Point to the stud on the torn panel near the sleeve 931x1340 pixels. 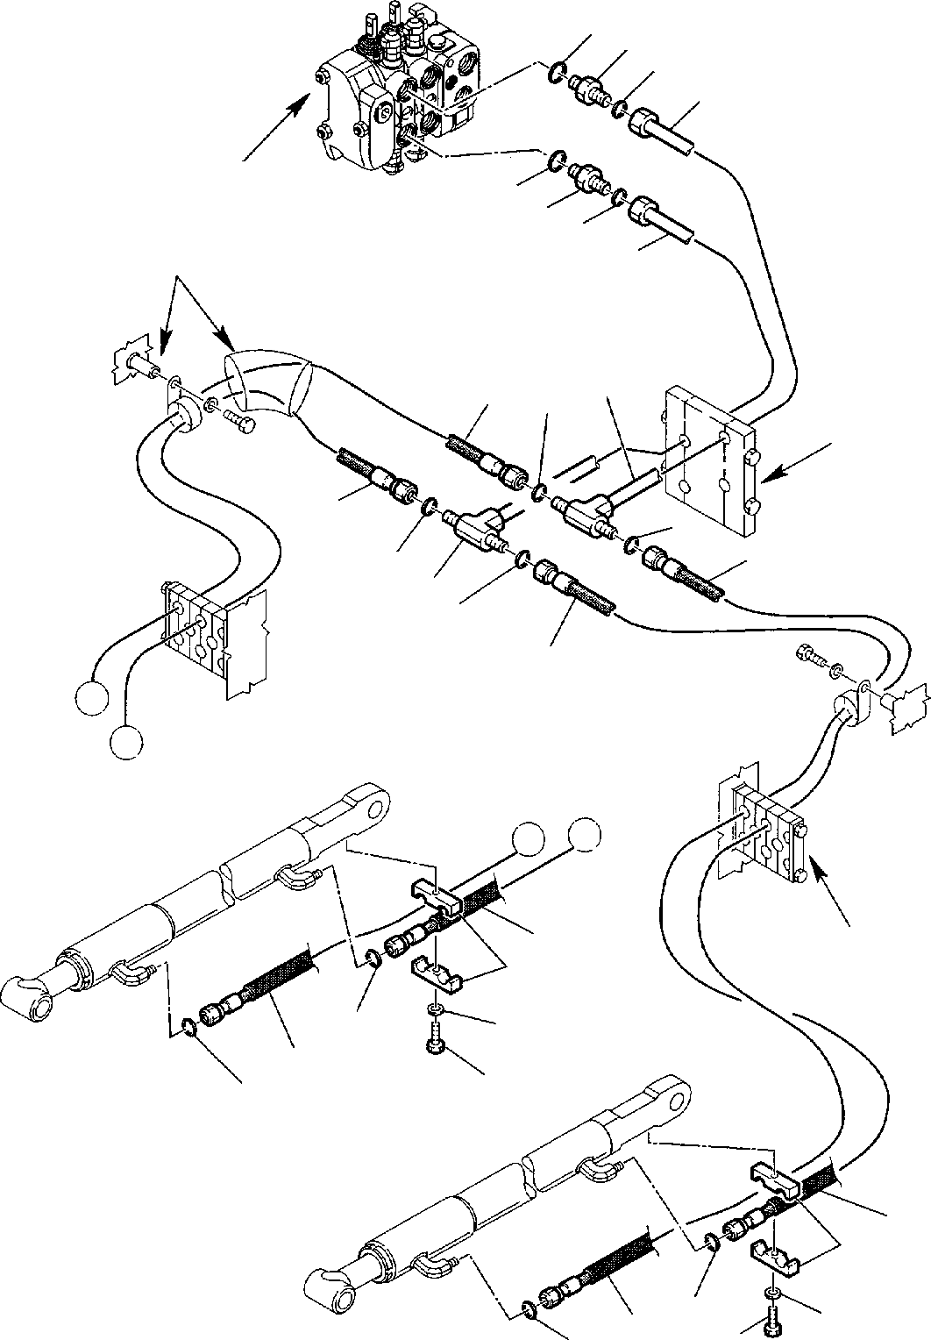tap(141, 360)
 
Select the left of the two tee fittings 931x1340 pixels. tap(473, 526)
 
